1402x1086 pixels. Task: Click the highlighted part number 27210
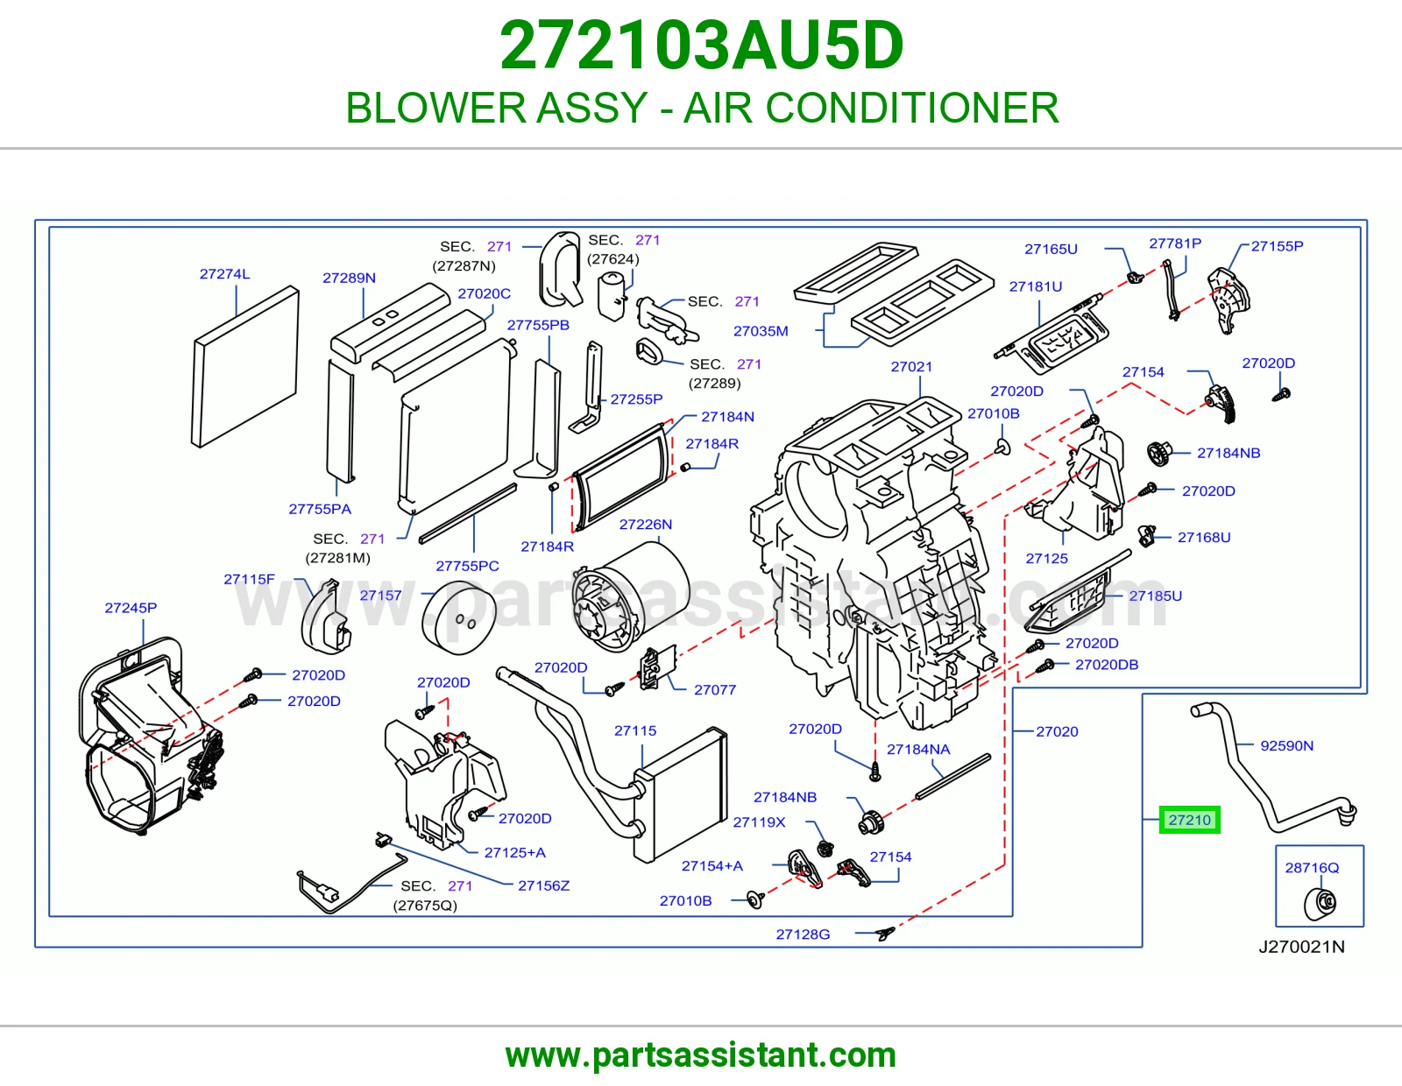(x=1189, y=820)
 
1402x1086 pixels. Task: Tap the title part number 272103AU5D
(x=701, y=46)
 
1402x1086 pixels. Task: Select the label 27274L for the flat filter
(x=224, y=274)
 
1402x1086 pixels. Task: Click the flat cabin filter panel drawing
(x=245, y=366)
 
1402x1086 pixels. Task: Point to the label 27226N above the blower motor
(x=645, y=525)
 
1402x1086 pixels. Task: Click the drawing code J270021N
(x=1301, y=947)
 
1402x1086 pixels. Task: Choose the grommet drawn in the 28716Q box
(x=1320, y=903)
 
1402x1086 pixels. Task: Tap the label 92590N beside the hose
(x=1286, y=745)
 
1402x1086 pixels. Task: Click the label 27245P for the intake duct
(x=131, y=608)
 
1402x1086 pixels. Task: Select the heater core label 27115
(x=635, y=730)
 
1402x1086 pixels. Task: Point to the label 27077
(x=715, y=690)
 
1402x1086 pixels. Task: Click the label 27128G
(x=803, y=934)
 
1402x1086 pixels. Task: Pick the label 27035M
(x=761, y=331)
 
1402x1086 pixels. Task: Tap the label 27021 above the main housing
(x=911, y=366)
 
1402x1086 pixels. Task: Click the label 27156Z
(x=543, y=885)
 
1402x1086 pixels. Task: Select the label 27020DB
(x=1107, y=664)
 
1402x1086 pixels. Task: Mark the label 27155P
(x=1277, y=246)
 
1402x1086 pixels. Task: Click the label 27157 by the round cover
(x=380, y=596)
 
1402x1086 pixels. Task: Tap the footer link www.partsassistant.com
(x=701, y=1055)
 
